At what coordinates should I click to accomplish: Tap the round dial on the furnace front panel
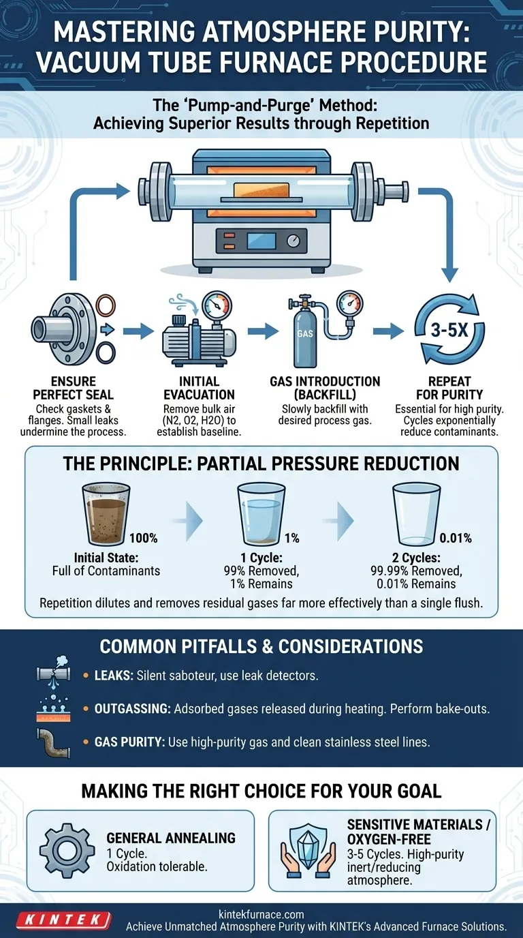pyautogui.click(x=294, y=241)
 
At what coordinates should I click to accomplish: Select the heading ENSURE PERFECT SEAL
pyautogui.click(x=73, y=388)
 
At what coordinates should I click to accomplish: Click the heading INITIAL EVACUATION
pyautogui.click(x=200, y=388)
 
